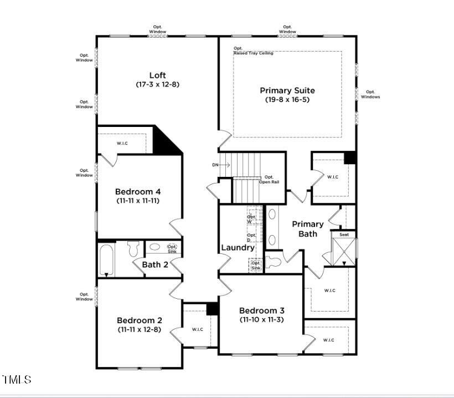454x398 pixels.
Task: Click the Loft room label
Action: [x=157, y=75]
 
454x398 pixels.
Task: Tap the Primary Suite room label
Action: [x=287, y=90]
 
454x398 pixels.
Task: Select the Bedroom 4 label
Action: [x=138, y=192]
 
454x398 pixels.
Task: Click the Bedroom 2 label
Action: [x=139, y=320]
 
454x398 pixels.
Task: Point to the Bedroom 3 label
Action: [x=262, y=311]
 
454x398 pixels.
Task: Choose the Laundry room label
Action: [x=238, y=248]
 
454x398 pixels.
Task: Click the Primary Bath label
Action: [x=308, y=229]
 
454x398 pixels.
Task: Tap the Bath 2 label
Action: [x=154, y=264]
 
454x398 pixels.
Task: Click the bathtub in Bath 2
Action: [x=107, y=259]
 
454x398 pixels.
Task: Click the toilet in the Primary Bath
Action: [x=273, y=262]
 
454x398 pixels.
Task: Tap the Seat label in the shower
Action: [x=344, y=235]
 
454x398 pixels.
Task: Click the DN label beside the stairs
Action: [x=215, y=165]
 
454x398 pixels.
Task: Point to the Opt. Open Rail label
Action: [x=269, y=179]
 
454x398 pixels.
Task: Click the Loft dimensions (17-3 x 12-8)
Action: [x=157, y=84]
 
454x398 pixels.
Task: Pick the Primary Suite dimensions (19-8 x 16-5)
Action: [x=287, y=100]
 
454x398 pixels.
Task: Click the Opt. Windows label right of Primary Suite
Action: [x=370, y=94]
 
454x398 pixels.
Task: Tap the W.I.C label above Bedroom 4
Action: [x=122, y=143]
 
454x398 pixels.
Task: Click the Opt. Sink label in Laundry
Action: [x=256, y=266]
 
